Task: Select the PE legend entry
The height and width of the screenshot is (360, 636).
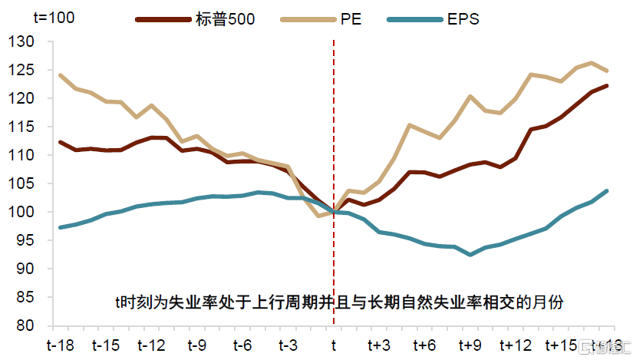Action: [x=350, y=19]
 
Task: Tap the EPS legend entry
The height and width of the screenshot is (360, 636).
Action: [x=463, y=19]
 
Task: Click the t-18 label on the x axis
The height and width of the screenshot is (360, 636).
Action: [x=61, y=345]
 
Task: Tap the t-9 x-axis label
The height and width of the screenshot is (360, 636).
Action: [x=197, y=345]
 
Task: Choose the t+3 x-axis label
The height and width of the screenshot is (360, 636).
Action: [x=379, y=345]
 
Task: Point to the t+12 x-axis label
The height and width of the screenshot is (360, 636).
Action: [x=516, y=345]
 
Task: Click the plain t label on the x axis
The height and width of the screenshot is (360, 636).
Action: [x=334, y=345]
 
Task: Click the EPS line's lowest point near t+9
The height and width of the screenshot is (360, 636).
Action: [x=470, y=254]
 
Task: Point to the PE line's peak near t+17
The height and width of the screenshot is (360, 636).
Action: [x=592, y=63]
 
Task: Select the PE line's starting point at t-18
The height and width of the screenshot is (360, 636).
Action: [x=61, y=75]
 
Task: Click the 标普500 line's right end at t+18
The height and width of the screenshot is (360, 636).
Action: [x=607, y=86]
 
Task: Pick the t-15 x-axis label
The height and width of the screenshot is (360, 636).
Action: [x=106, y=345]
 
